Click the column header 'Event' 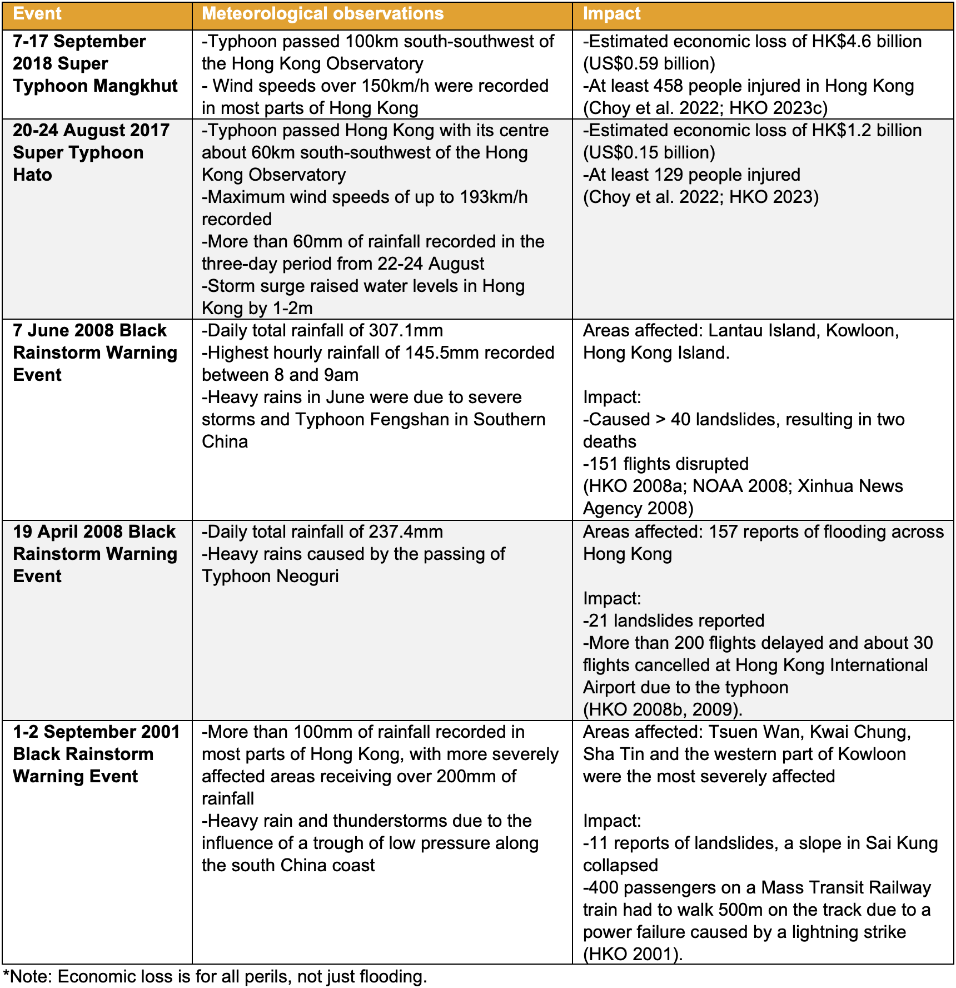[37, 14]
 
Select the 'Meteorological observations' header [322, 14]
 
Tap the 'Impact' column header [611, 14]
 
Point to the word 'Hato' [32, 175]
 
